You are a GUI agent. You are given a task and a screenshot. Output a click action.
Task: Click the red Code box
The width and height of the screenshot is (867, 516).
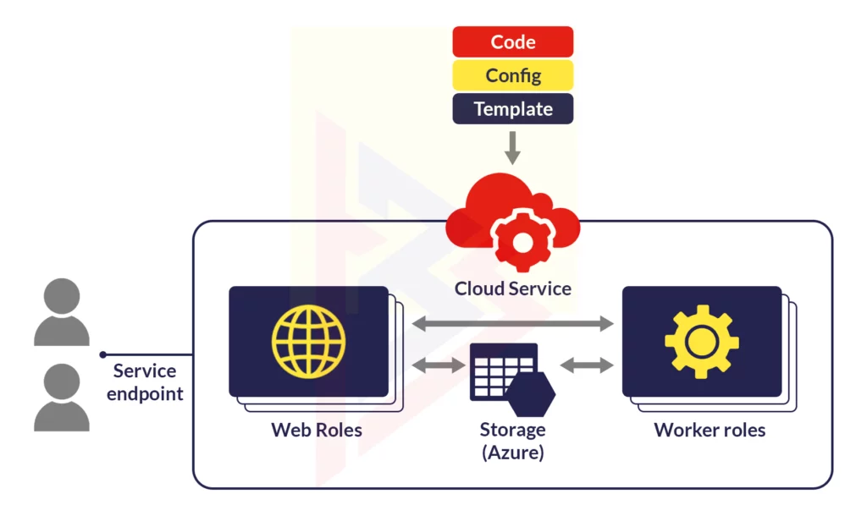point(512,41)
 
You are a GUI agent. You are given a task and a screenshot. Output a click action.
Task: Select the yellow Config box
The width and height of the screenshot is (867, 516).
point(512,75)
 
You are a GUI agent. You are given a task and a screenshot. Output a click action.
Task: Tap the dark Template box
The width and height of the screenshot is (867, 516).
point(512,109)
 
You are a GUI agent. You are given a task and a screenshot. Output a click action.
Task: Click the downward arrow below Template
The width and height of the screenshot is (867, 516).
point(512,147)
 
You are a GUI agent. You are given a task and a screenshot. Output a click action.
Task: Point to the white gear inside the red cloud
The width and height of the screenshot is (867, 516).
point(522,241)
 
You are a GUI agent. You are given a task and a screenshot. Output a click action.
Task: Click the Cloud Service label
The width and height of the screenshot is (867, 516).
point(512,288)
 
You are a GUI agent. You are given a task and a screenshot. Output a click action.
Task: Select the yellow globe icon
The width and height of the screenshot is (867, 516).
point(308,342)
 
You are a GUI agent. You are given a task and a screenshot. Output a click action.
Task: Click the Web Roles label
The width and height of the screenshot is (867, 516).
point(317,430)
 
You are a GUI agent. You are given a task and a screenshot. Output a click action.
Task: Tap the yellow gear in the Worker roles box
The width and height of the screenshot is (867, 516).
point(702,342)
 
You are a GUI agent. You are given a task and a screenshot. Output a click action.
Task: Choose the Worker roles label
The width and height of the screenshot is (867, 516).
point(710,430)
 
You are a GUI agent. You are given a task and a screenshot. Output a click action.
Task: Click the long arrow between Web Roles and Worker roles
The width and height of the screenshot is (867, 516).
point(512,323)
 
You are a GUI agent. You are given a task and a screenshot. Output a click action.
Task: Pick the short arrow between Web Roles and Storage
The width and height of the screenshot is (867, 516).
point(439,365)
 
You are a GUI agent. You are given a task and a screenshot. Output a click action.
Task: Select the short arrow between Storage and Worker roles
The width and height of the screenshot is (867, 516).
point(587,365)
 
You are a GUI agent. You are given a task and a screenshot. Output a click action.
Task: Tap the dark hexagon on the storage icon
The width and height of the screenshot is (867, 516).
point(531,394)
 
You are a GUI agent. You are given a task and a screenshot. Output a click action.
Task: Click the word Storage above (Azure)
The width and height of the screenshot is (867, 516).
point(512,429)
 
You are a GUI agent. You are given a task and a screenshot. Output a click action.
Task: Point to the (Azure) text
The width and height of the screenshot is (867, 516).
point(512,453)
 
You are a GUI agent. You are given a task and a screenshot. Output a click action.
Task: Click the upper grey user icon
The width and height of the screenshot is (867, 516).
point(61,311)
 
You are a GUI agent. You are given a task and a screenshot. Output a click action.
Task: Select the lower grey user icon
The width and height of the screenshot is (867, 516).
point(61,398)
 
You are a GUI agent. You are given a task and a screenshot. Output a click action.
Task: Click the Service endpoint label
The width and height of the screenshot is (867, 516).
point(145,382)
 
